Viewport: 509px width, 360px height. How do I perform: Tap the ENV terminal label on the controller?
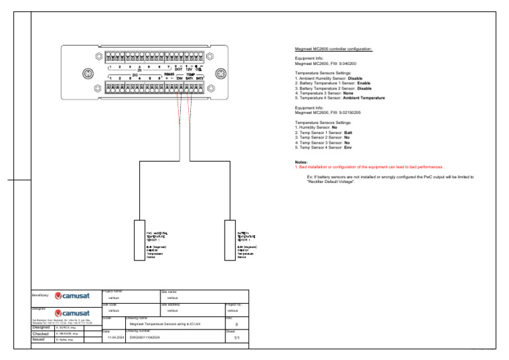179,78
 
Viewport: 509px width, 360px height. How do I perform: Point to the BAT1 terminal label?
189,78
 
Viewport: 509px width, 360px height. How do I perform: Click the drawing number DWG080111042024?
145,336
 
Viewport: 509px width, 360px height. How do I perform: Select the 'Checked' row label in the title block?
42,333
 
